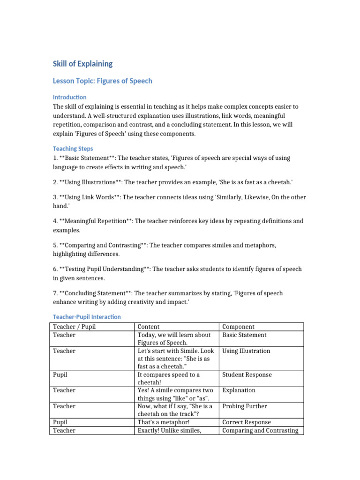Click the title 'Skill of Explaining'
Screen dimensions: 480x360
[x=82, y=64]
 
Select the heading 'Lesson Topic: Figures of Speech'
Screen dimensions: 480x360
[x=102, y=81]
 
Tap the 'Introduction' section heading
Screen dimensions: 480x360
[x=69, y=97]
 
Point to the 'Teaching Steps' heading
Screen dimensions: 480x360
[x=73, y=149]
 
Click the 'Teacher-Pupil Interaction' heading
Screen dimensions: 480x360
[x=87, y=317]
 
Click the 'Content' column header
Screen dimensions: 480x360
[x=149, y=327]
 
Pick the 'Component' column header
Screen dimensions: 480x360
[x=238, y=327]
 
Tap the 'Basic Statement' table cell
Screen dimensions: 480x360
[x=244, y=335]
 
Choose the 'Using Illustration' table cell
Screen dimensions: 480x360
[x=246, y=351]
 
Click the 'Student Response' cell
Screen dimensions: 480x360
[x=247, y=375]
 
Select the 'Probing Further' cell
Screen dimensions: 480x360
[x=245, y=406]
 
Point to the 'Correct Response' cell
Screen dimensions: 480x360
[x=247, y=422]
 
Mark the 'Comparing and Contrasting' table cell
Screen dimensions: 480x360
[x=260, y=430]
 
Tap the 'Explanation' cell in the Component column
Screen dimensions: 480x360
[x=239, y=390]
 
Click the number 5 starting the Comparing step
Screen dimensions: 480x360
[x=55, y=245]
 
